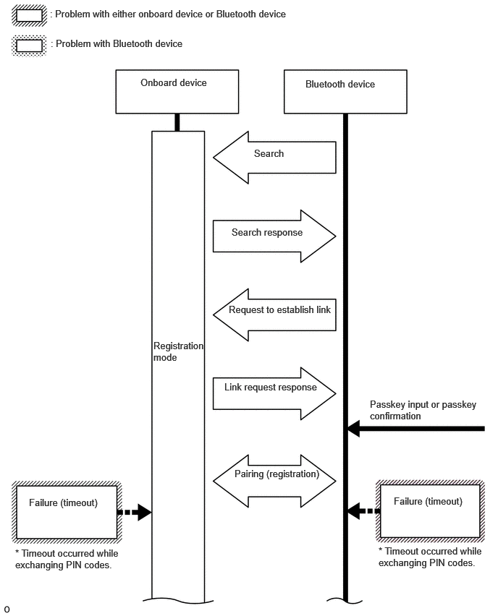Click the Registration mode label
coord(178,351)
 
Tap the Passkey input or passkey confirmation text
coord(423,410)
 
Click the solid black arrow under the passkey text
coord(416,429)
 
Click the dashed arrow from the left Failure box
coord(135,513)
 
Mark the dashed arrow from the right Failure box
coord(364,511)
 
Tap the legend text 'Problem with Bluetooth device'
coord(119,43)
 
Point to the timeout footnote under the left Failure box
coord(67,559)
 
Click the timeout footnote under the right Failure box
coord(429,557)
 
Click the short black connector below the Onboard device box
coord(177,123)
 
